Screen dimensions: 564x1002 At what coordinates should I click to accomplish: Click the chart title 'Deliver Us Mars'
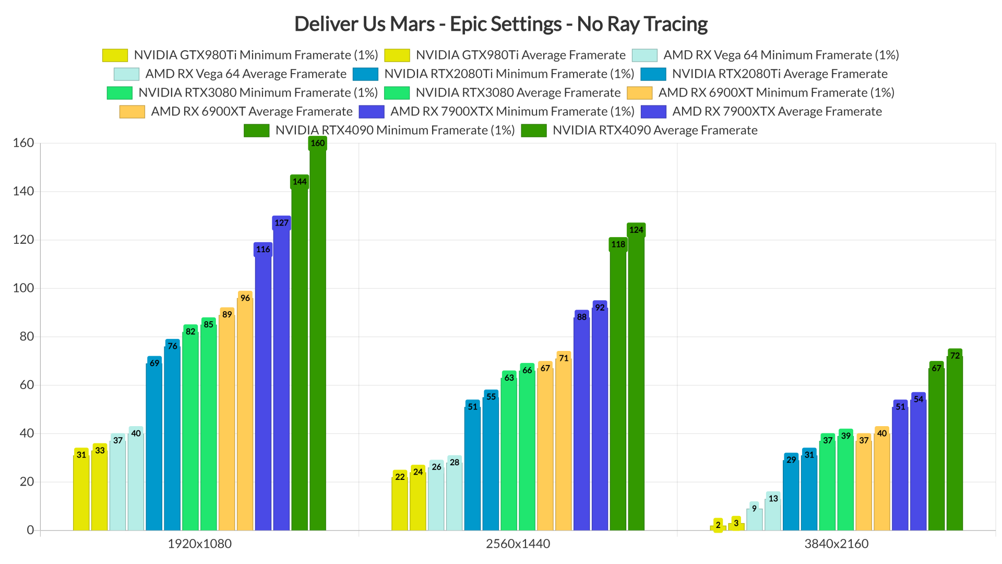[500, 24]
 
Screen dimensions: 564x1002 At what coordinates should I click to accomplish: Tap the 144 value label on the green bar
[300, 182]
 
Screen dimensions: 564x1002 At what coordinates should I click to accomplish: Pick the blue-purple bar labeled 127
[281, 376]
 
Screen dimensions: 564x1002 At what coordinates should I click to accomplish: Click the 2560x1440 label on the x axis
[518, 544]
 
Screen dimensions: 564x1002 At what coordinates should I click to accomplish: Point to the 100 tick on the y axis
[23, 288]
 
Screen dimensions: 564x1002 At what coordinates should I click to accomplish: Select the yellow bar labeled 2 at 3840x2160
[718, 527]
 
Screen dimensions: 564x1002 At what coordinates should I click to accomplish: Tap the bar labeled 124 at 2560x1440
[636, 381]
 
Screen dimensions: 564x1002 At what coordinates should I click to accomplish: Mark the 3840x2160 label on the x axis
[836, 544]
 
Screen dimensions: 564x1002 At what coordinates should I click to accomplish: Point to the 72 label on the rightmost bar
[955, 356]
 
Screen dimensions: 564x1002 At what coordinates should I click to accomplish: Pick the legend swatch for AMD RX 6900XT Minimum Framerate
[639, 93]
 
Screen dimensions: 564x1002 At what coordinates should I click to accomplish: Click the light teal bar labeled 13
[773, 514]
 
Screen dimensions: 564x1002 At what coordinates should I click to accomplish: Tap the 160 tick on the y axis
[23, 143]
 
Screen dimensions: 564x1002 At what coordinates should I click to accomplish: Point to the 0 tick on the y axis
[30, 530]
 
